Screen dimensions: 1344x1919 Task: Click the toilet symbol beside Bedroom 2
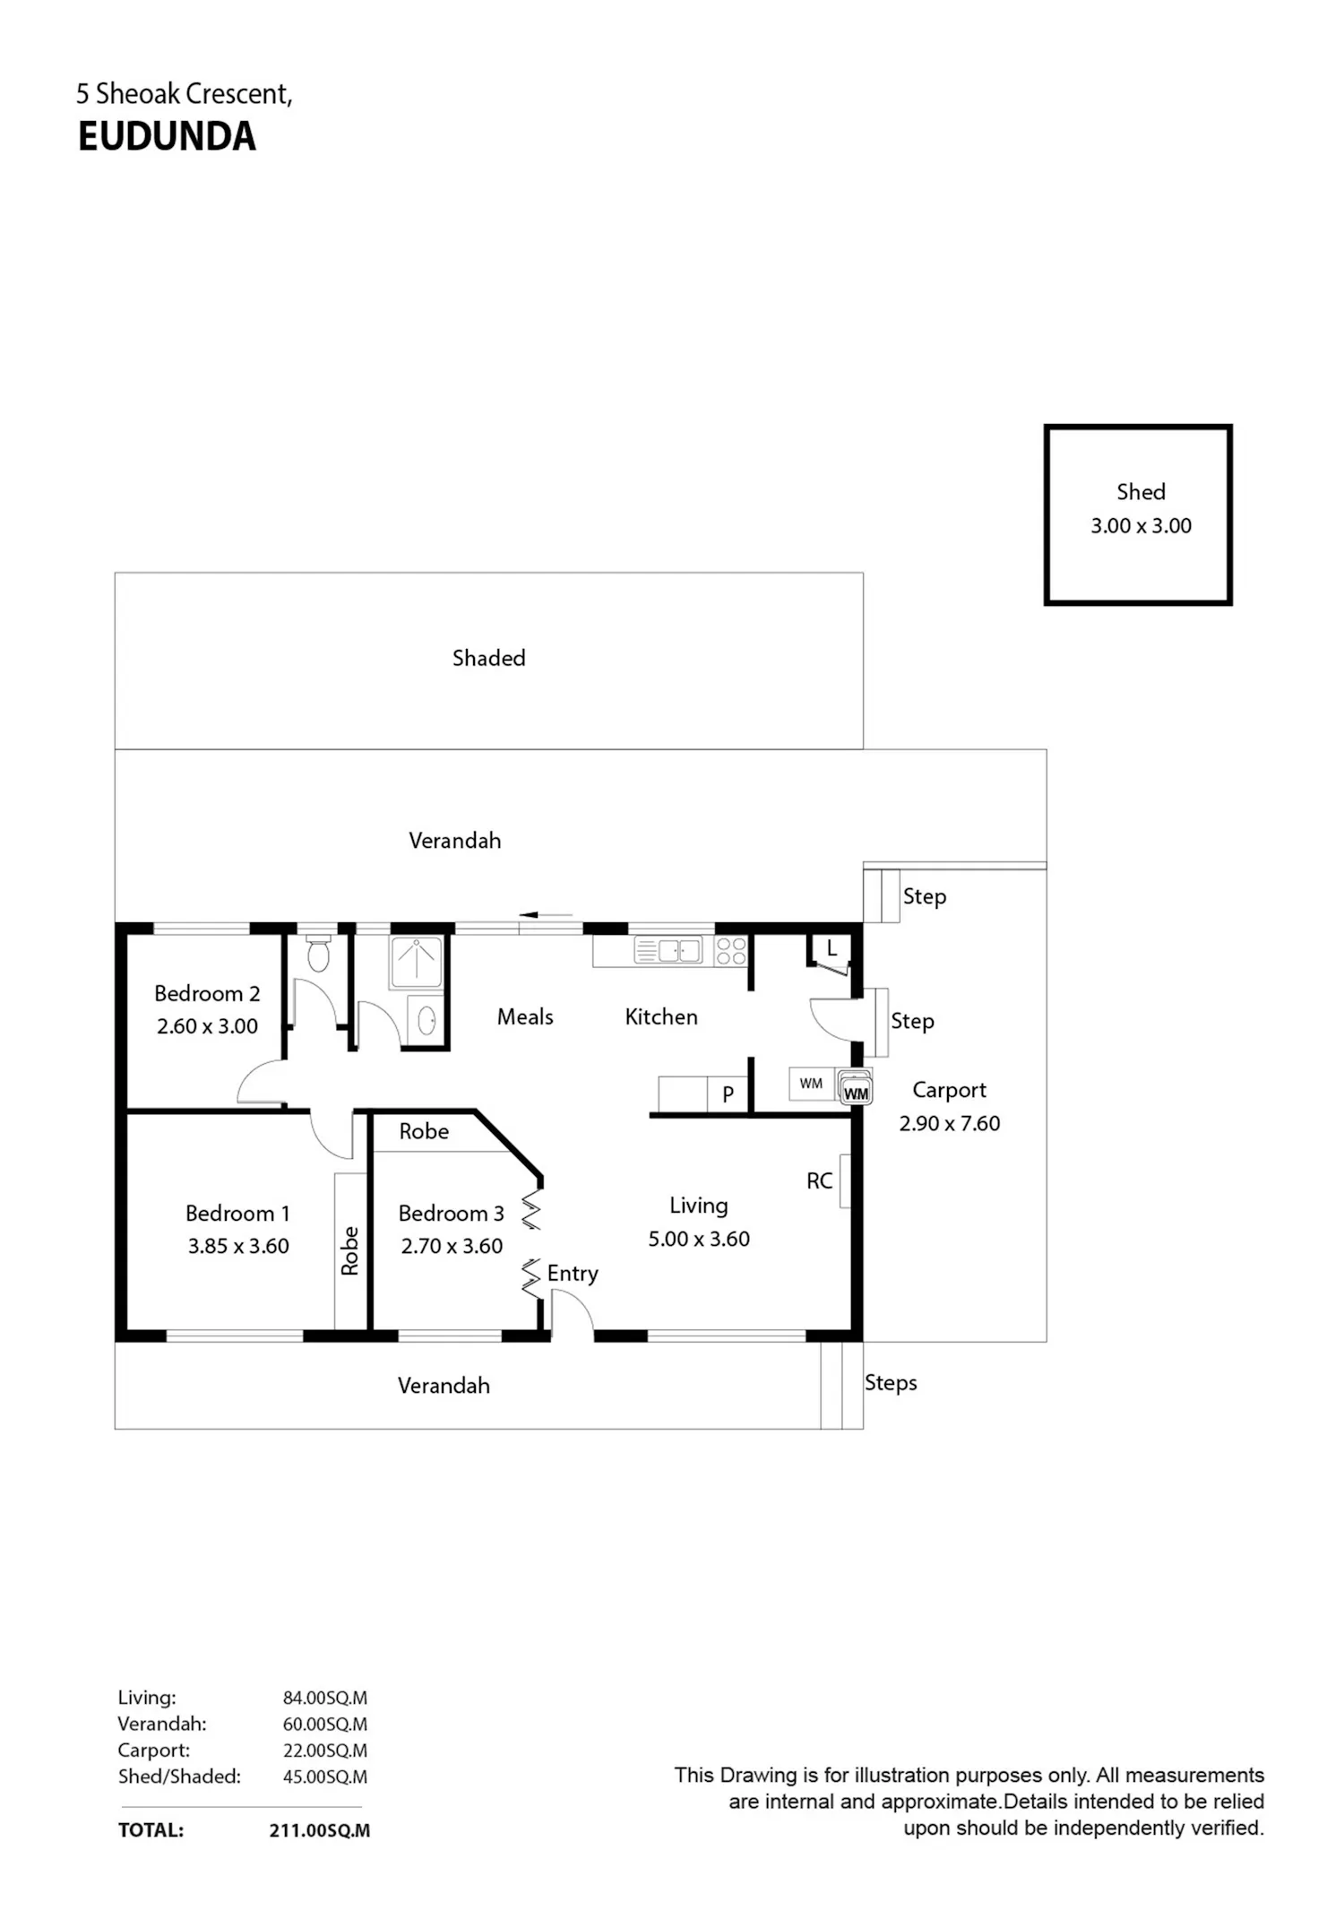[x=318, y=953]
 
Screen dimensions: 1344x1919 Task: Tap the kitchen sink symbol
[x=668, y=949]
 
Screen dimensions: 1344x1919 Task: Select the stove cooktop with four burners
[x=731, y=950]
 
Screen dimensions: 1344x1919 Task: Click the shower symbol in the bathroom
[x=416, y=962]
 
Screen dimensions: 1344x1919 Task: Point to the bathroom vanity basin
[x=426, y=1020]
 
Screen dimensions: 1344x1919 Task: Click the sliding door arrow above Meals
[x=546, y=915]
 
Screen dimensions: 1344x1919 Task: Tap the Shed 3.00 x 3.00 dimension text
[x=1141, y=526]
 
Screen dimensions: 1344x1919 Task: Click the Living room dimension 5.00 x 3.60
[x=699, y=1239]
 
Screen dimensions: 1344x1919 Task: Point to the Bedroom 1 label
[x=237, y=1213]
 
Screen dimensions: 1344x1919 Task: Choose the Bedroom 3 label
[x=451, y=1213]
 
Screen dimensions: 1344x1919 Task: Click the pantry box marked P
[x=728, y=1094]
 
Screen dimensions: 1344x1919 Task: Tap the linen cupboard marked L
[x=831, y=949]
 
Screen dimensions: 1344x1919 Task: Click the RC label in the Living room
[x=819, y=1180]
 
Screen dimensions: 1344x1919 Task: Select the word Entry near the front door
[x=573, y=1274]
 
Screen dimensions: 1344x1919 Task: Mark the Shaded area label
[x=488, y=658]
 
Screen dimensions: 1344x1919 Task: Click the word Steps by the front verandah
[x=891, y=1383]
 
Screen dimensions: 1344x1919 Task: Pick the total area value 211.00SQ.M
[x=320, y=1830]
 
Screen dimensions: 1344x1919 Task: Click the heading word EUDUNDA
[x=167, y=136]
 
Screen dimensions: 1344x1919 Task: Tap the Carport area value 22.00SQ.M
[x=325, y=1750]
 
